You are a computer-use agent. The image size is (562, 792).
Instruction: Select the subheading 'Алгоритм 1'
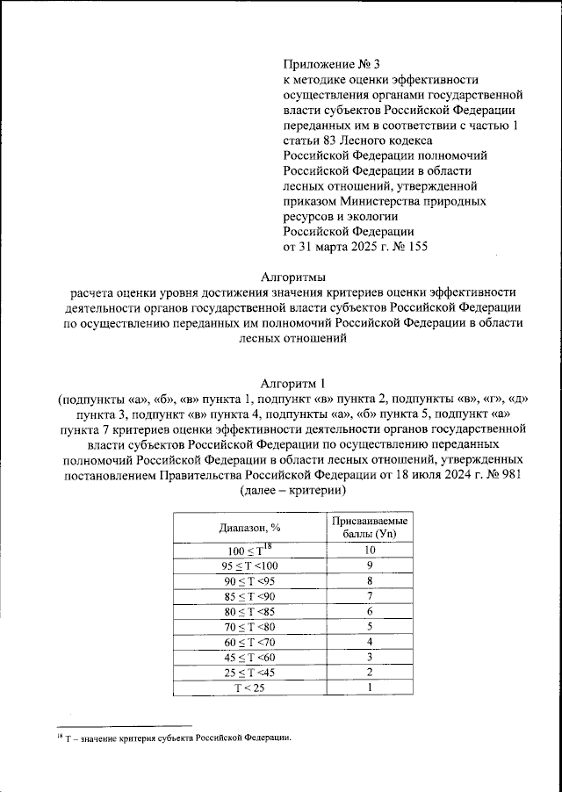click(x=293, y=383)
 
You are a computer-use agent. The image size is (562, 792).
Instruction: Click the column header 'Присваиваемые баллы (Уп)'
click(x=370, y=528)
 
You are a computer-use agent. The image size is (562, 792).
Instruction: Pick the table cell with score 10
click(x=370, y=550)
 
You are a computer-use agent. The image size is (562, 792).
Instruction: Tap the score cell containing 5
click(x=370, y=626)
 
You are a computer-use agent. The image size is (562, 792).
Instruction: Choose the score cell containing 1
click(x=370, y=688)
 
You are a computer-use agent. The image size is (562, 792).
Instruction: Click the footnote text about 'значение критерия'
click(x=176, y=738)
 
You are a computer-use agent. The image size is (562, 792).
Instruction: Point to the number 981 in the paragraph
click(x=508, y=475)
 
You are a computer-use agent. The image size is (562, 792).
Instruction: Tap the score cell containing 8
click(x=370, y=580)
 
